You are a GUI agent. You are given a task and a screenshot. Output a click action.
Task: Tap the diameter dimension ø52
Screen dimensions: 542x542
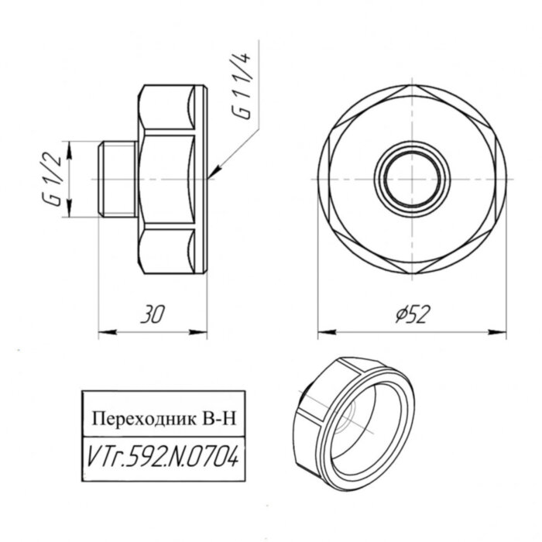tap(413, 313)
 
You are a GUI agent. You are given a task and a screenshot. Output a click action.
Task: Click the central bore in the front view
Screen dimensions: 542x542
tap(412, 178)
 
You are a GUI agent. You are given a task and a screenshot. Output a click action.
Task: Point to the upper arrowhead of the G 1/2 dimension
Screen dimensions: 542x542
tap(70, 145)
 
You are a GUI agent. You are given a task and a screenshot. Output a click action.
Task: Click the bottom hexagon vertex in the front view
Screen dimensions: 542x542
tap(412, 269)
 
